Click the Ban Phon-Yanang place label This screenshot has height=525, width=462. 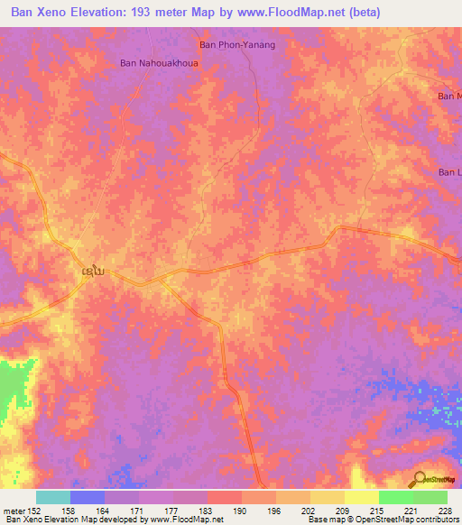[236, 44]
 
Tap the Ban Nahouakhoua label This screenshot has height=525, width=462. [159, 64]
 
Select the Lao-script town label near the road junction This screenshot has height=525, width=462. [90, 271]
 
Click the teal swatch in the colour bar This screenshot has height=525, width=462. [53, 497]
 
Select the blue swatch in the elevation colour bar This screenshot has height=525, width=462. [88, 497]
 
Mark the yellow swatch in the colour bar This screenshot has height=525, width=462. [328, 497]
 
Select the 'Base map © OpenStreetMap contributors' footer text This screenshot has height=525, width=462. [382, 520]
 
